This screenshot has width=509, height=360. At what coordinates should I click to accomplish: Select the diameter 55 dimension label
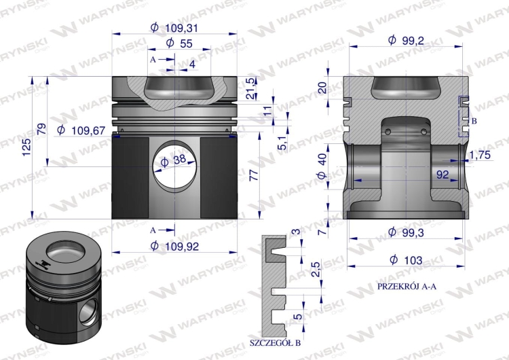[x=175, y=43]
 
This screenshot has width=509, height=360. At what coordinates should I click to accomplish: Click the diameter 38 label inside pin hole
[x=175, y=160]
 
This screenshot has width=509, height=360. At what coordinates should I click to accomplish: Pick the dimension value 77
[x=253, y=176]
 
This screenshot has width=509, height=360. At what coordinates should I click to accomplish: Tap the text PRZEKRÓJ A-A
[x=407, y=287]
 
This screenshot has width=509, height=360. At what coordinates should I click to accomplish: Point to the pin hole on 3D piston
[x=87, y=315]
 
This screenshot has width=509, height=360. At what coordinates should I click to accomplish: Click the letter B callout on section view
[x=474, y=120]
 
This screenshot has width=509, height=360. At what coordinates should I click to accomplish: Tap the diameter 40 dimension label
[x=322, y=165]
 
